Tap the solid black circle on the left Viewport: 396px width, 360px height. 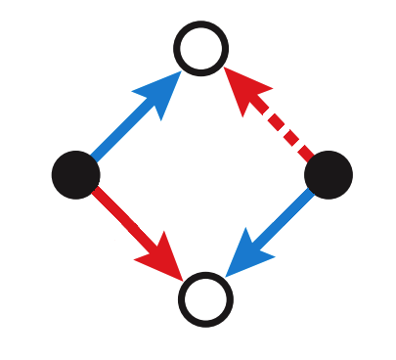click(75, 174)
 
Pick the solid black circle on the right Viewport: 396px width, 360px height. click(329, 174)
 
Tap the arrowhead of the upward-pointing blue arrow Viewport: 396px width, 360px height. click(162, 90)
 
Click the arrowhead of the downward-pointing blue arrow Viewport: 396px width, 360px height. click(245, 257)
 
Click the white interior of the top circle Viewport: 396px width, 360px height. click(201, 47)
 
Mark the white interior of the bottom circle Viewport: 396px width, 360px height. click(205, 299)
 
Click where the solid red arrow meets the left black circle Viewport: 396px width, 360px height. click(95, 192)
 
